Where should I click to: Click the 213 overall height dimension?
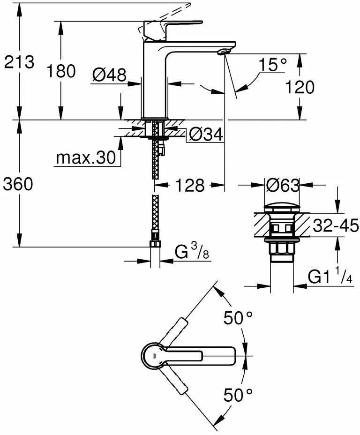coord(19,62)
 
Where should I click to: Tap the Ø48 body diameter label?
coord(109,75)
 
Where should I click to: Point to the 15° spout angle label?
coord(273,65)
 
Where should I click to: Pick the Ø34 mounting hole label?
coord(206,135)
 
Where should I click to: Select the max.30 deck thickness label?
coord(85,158)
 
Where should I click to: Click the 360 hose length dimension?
coord(18,185)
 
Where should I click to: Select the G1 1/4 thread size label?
coord(330,277)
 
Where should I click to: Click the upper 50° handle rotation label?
coord(237,319)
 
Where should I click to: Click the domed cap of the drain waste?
coord(282,208)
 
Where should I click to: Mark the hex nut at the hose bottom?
coord(155,243)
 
